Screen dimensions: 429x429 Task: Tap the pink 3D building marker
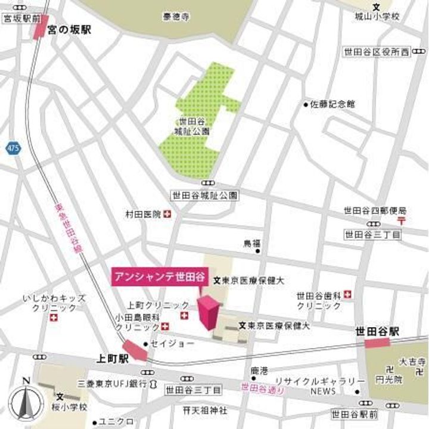209,312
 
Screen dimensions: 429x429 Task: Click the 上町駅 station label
113,359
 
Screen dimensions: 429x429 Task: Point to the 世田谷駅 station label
377,331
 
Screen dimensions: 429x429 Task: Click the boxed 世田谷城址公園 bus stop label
204,195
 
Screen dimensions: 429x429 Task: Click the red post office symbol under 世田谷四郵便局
403,220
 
